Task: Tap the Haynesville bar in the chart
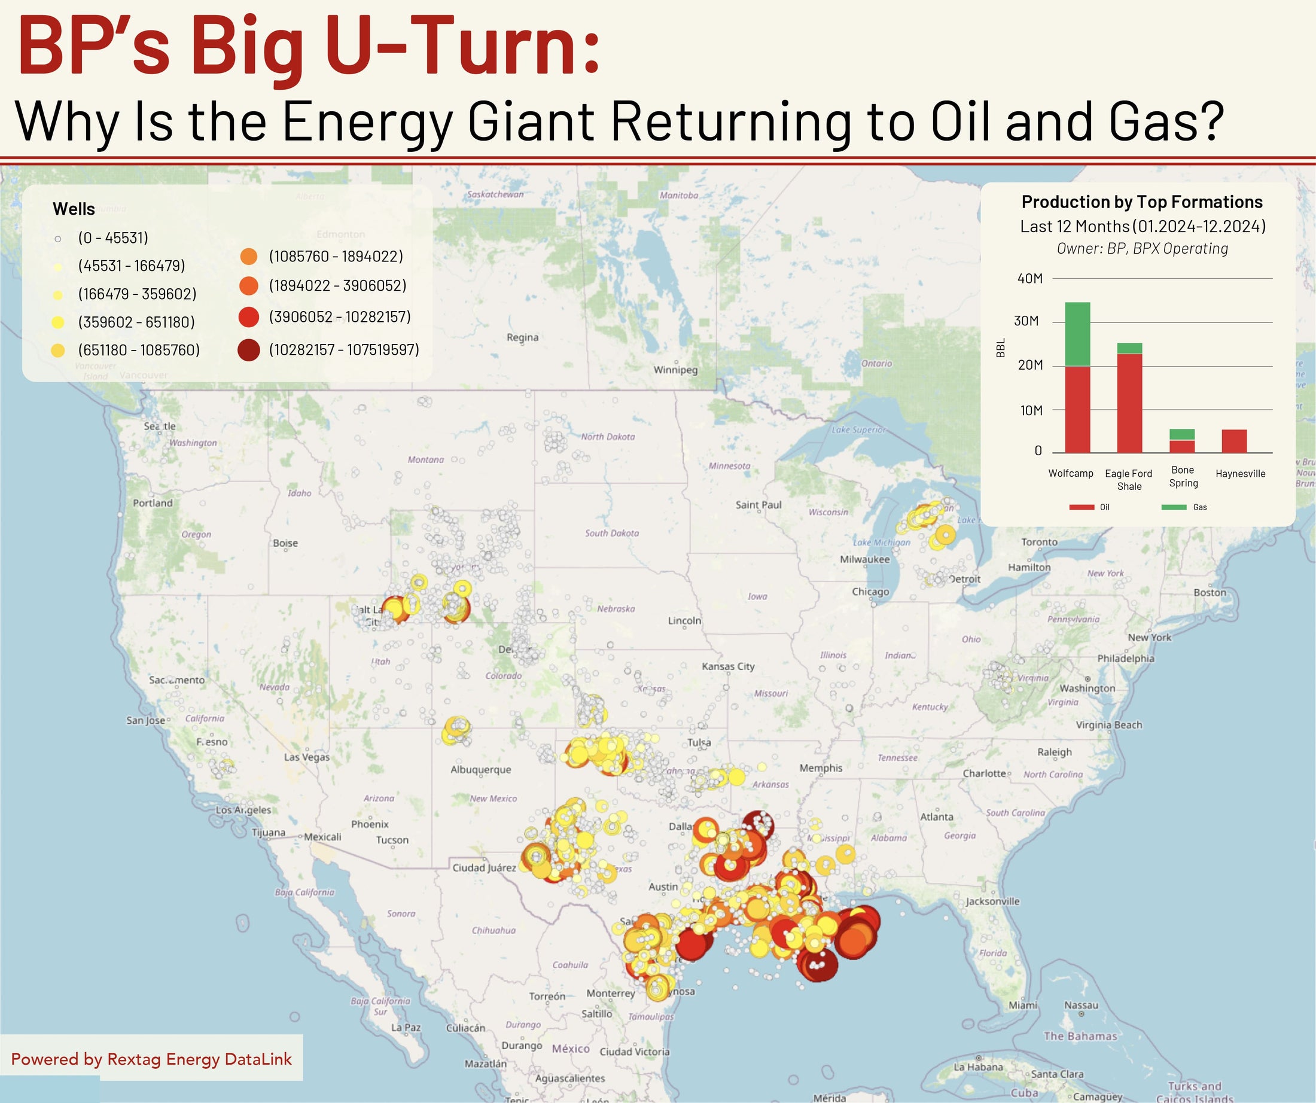(1234, 441)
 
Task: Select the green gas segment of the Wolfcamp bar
(1077, 334)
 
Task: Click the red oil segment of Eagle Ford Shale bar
(1129, 403)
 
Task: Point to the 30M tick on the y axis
(1026, 321)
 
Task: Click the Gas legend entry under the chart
(1184, 507)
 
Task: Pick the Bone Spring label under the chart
(1183, 476)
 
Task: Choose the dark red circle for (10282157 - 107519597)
(249, 351)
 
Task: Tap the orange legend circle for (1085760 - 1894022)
(249, 257)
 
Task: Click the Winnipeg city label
(675, 370)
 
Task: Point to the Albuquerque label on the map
(481, 770)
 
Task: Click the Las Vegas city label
(306, 757)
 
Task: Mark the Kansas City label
(727, 666)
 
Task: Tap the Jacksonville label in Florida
(992, 901)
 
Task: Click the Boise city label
(285, 543)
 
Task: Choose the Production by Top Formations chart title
(1142, 202)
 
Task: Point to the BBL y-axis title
(1000, 348)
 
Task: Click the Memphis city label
(820, 767)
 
